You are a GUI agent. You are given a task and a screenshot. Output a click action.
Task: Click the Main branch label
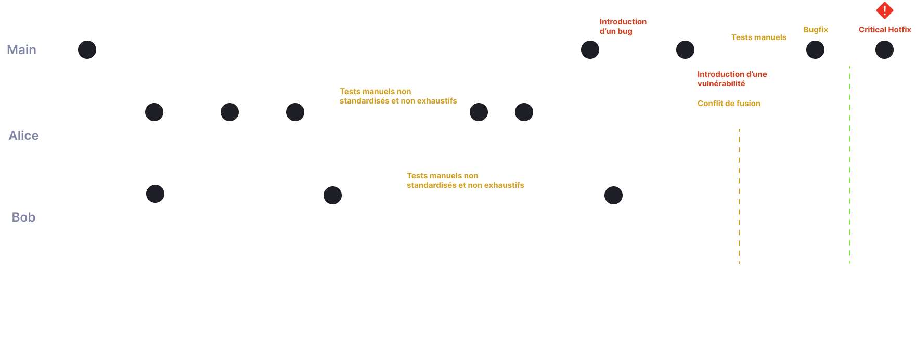point(21,50)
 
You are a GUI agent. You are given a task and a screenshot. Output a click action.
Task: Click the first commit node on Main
point(87,50)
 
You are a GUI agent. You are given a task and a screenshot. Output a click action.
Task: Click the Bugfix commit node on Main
point(815,50)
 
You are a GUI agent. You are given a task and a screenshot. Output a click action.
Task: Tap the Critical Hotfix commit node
point(884,50)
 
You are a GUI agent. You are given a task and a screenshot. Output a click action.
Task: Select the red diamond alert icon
point(884,10)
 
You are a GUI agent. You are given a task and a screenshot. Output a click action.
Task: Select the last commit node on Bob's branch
point(613,195)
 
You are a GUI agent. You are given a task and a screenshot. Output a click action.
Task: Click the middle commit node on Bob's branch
point(332,195)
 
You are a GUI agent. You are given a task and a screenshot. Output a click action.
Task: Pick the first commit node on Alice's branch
point(154,112)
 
